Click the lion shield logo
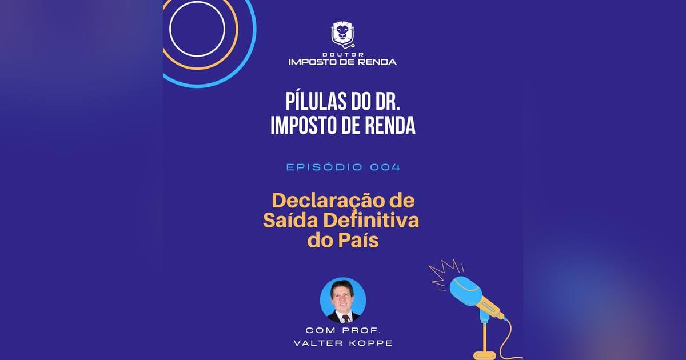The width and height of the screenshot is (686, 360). pos(343,34)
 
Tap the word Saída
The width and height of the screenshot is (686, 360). pos(290,221)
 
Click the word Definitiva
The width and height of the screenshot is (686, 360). pos(370,221)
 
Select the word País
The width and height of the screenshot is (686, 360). pos(358,240)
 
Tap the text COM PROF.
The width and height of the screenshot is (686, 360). pos(342,330)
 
